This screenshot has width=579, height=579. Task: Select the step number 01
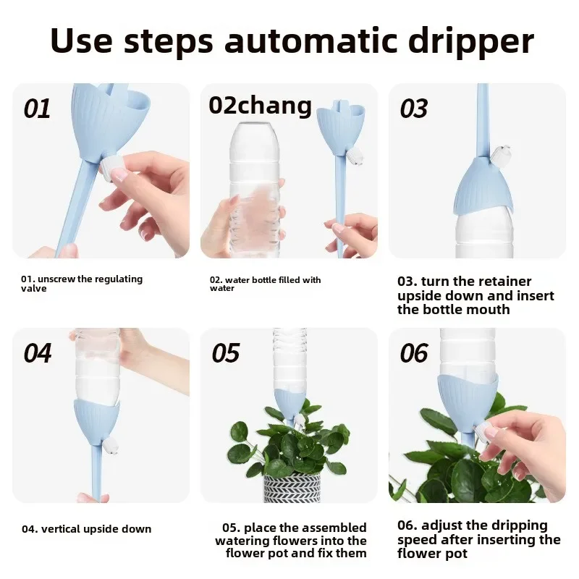pos(37,109)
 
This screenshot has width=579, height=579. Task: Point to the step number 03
pos(414,109)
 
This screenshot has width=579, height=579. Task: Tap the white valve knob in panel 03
pos(501,153)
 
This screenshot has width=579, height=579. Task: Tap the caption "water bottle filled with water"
pos(265,284)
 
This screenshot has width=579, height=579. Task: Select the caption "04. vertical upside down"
pos(86,529)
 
